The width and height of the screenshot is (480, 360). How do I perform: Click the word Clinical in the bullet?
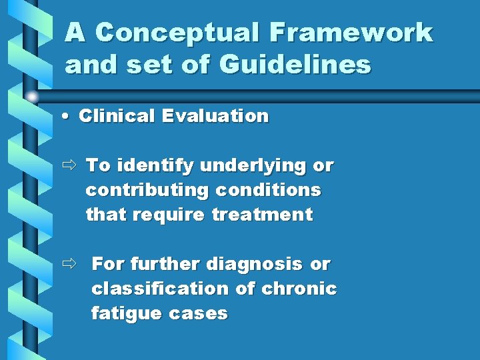tap(116, 116)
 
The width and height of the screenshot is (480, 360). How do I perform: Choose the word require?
tap(169, 215)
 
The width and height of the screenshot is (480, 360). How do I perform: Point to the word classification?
tap(160, 289)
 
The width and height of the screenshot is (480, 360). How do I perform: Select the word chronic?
tap(299, 289)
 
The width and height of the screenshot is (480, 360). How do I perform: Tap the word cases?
tap(199, 313)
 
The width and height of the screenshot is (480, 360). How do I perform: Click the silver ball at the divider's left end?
tap(31, 96)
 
